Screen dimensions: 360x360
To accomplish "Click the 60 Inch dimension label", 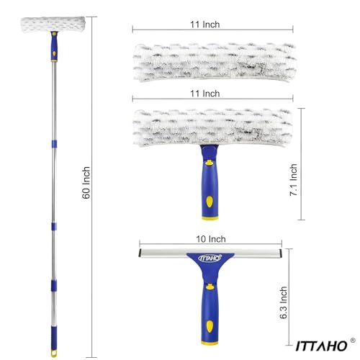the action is pos(86,183).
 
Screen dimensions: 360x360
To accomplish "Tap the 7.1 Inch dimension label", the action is pos(293,180).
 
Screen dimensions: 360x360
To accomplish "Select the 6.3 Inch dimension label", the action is pos(283,302).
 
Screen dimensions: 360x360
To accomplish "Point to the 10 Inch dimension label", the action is pos(211,239).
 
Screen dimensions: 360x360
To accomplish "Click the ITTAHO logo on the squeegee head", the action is pos(210,258).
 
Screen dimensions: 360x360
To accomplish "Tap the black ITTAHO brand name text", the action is pos(321,346).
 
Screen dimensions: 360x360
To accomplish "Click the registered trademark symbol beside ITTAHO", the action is pos(353,341).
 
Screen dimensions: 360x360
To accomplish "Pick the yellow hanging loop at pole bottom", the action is pos(54,353).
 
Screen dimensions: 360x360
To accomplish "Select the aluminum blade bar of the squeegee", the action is pos(210,253).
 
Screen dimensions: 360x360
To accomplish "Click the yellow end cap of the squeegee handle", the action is pos(210,343).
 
